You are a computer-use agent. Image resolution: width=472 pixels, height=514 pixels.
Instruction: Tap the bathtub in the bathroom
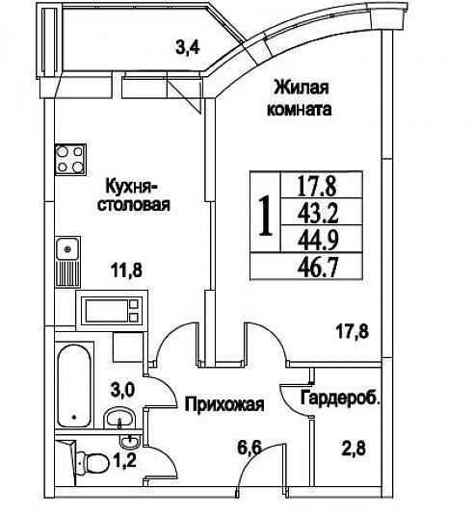[74, 386]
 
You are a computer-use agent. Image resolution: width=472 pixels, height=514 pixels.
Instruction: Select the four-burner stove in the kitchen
[70, 160]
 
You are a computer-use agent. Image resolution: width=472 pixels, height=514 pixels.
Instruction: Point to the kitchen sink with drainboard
[67, 262]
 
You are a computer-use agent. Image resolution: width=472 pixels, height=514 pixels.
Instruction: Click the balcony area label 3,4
[188, 48]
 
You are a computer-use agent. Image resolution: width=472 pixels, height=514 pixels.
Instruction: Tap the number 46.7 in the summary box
[318, 268]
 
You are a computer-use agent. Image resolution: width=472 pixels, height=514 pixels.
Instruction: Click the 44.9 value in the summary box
[318, 240]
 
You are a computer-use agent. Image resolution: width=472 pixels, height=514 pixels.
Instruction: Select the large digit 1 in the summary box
[266, 216]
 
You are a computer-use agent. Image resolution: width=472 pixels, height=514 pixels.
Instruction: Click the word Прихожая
[224, 404]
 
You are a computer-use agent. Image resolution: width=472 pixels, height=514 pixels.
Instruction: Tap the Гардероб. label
[340, 398]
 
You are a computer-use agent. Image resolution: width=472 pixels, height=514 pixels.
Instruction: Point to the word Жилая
[302, 88]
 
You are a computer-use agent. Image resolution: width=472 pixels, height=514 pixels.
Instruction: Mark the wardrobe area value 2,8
[354, 449]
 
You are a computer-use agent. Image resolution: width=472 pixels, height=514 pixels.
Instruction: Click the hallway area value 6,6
[249, 448]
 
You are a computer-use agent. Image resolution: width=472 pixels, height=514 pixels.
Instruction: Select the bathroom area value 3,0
[122, 390]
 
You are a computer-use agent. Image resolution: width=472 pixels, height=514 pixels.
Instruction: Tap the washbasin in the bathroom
[120, 418]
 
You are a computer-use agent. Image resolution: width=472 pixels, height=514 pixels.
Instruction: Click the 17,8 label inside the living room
[353, 331]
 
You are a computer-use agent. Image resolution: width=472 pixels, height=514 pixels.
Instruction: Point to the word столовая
[134, 205]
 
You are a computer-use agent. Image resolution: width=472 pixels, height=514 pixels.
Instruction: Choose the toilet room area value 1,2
[124, 460]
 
